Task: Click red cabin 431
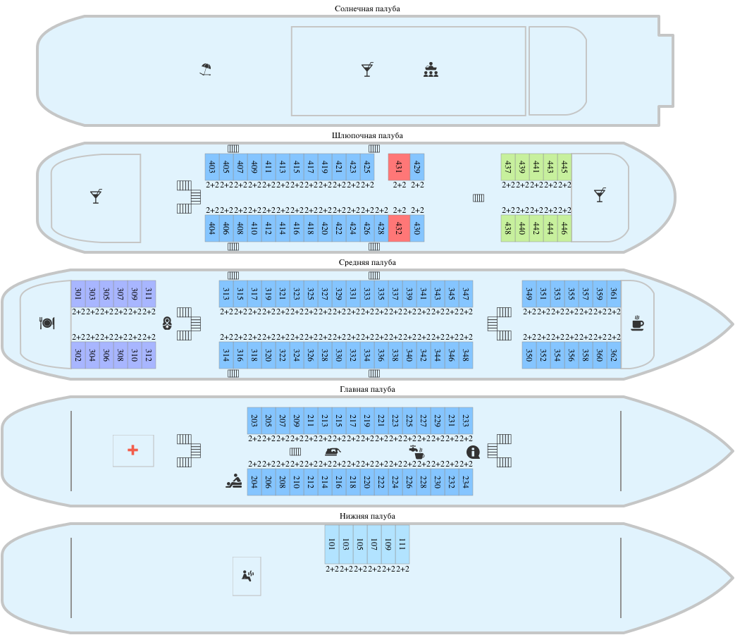pyautogui.click(x=399, y=167)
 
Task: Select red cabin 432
pyautogui.click(x=399, y=228)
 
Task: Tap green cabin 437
pyautogui.click(x=508, y=167)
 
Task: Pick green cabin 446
pyautogui.click(x=564, y=228)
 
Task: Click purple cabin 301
pyautogui.click(x=78, y=294)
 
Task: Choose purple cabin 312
pyautogui.click(x=149, y=355)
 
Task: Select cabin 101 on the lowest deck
pyautogui.click(x=332, y=544)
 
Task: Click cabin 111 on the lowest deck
pyautogui.click(x=402, y=544)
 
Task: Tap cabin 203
pyautogui.click(x=254, y=421)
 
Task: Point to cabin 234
pyautogui.click(x=466, y=482)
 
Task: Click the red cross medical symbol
pyautogui.click(x=132, y=450)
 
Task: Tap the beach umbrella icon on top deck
pyautogui.click(x=205, y=69)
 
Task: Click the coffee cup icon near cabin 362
pyautogui.click(x=637, y=323)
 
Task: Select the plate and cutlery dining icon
pyautogui.click(x=47, y=323)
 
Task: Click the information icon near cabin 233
pyautogui.click(x=473, y=452)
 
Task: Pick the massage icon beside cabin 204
pyautogui.click(x=234, y=481)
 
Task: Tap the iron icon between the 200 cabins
pyautogui.click(x=333, y=452)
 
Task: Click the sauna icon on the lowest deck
pyautogui.click(x=247, y=576)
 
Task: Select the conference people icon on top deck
pyautogui.click(x=431, y=70)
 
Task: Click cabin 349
pyautogui.click(x=529, y=294)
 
